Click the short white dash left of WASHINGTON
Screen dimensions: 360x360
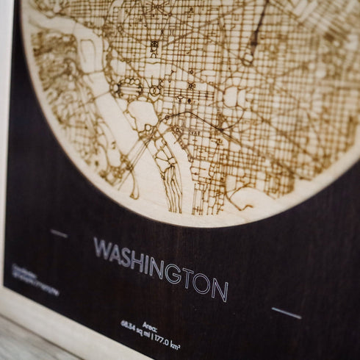click(59, 234)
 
